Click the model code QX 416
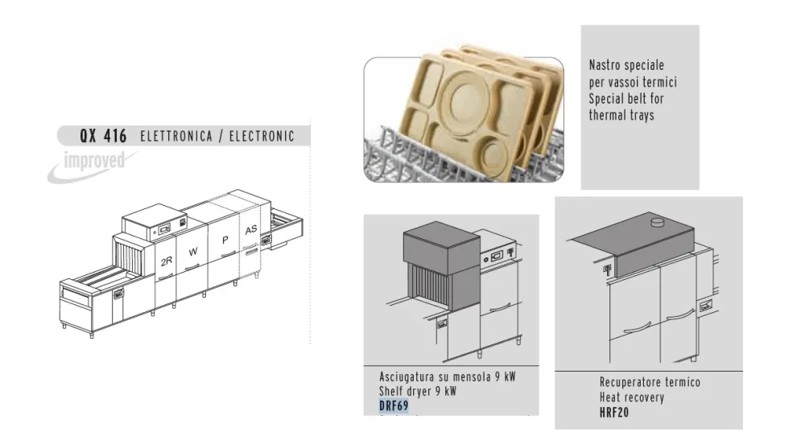[102, 137]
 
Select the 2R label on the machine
[167, 261]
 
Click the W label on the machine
[192, 252]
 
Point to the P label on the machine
[225, 240]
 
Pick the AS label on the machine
[251, 229]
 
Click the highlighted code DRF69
[394, 405]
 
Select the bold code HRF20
[613, 413]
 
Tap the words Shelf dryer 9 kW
[418, 392]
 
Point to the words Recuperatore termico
[650, 383]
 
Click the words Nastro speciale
[626, 66]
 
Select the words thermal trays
[621, 116]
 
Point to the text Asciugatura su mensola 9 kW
[447, 377]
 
